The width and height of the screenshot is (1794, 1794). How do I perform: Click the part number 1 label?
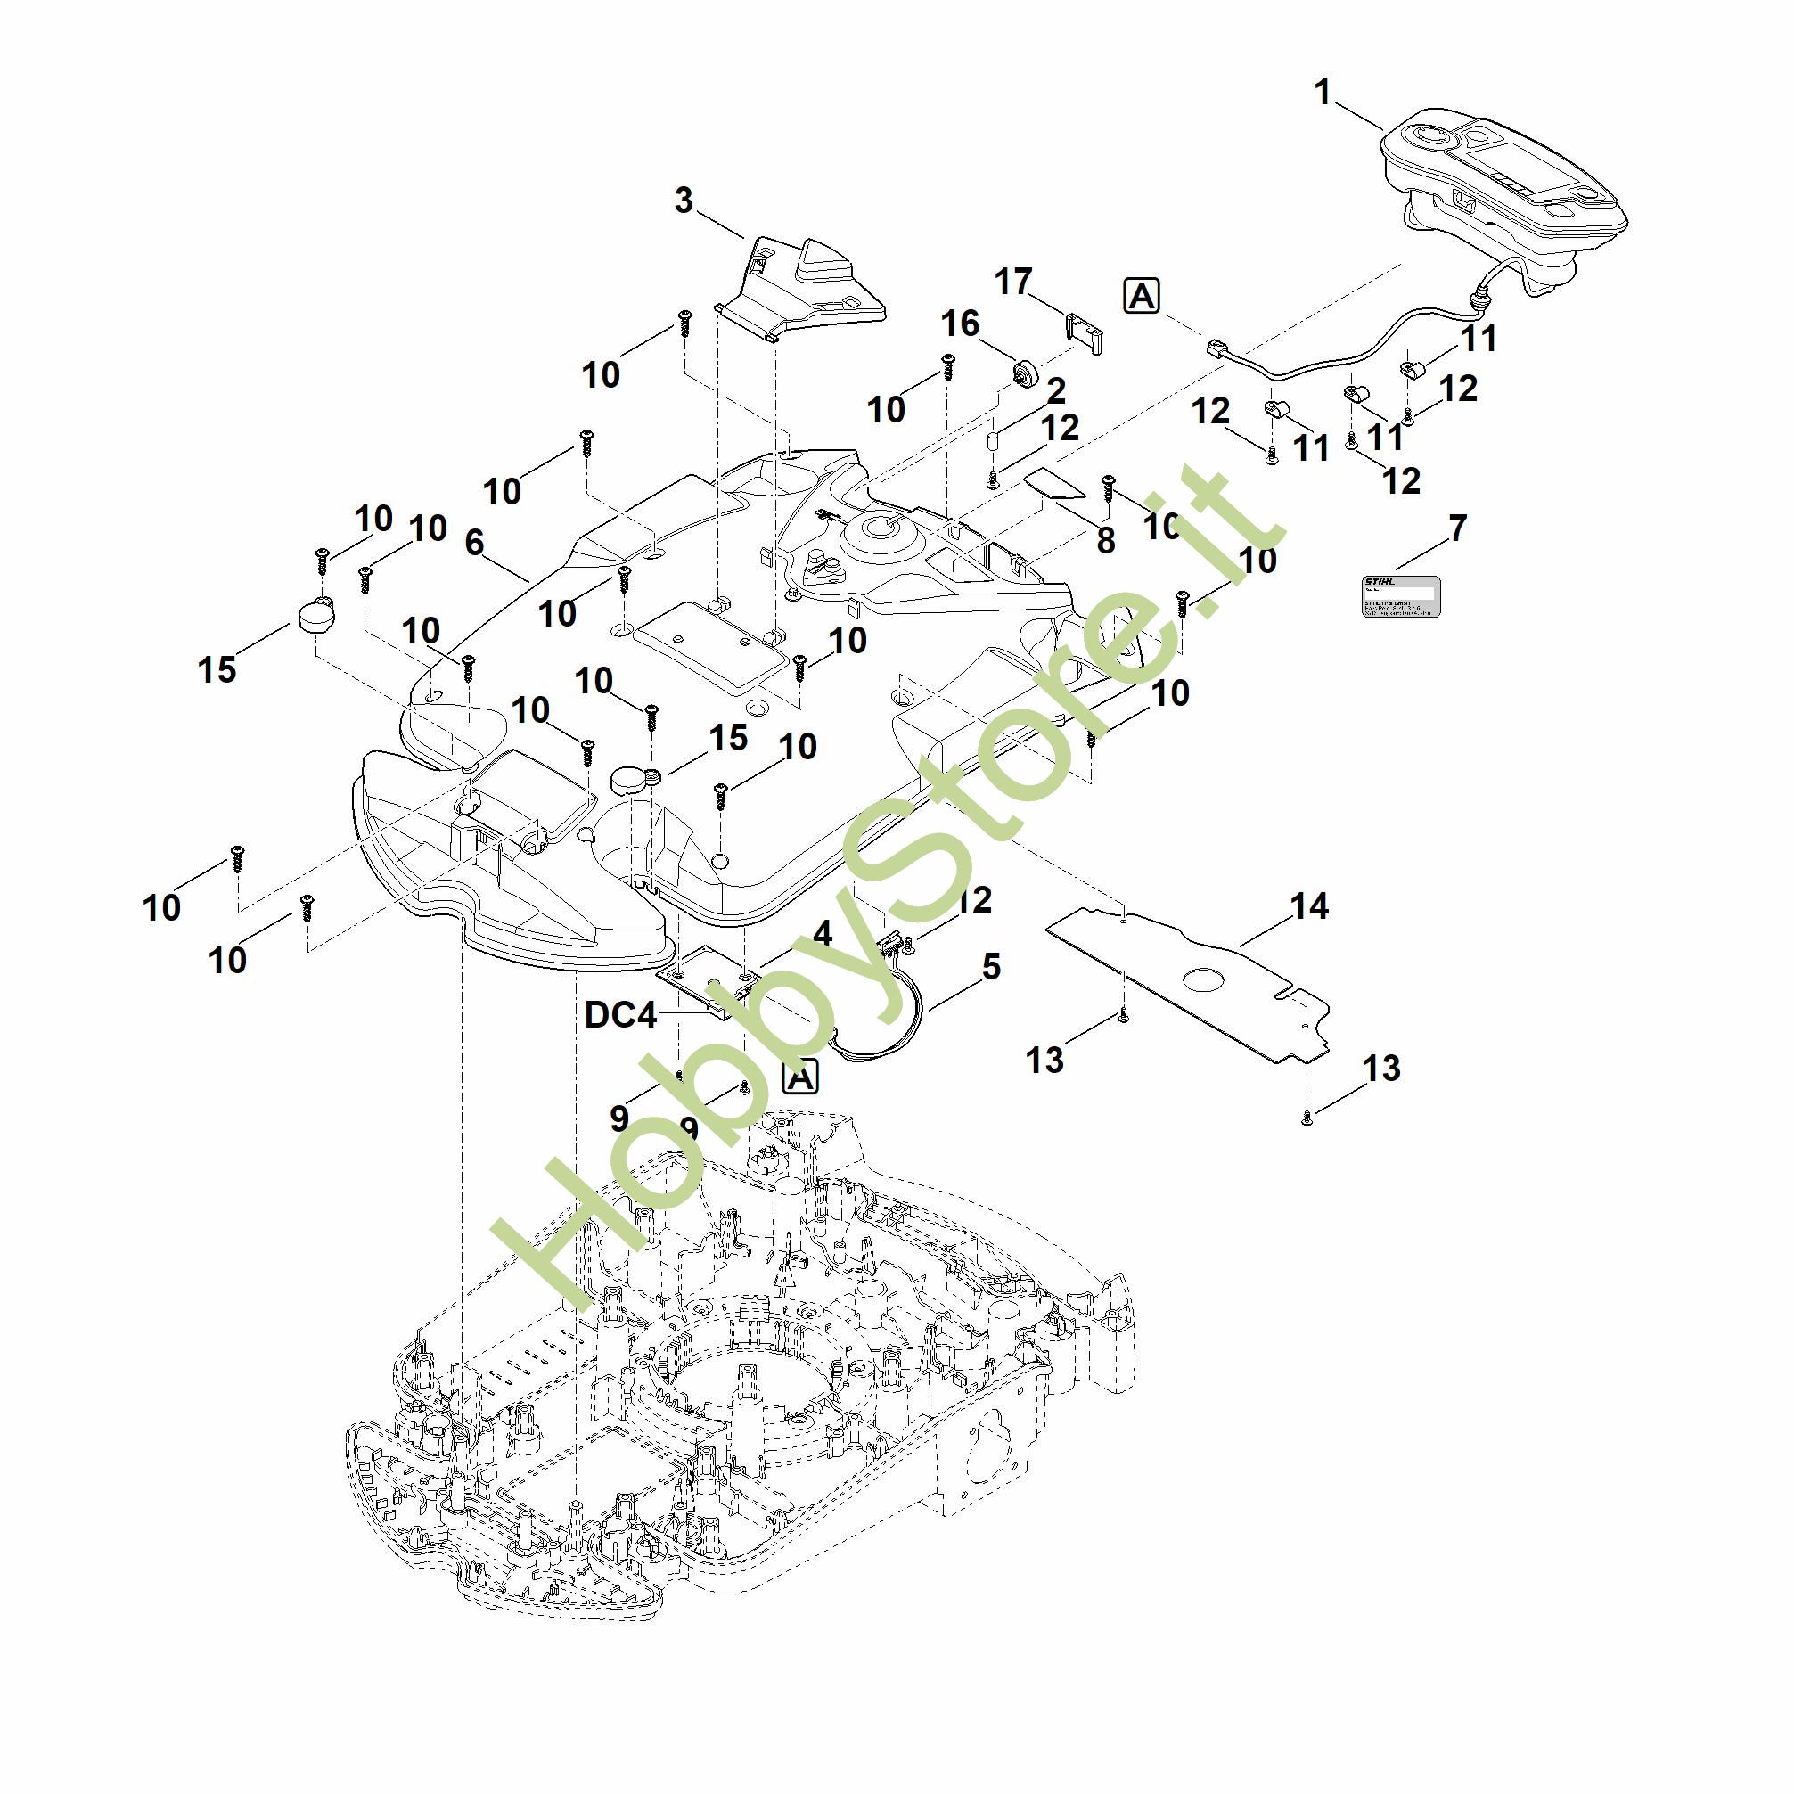coord(1323,93)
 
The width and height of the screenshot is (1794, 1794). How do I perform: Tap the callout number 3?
coord(684,201)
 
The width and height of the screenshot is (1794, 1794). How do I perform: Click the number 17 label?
coord(1013,281)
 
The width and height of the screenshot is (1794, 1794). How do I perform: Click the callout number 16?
coord(960,324)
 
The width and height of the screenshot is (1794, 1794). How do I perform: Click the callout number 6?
coord(474,544)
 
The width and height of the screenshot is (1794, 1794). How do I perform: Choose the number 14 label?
coord(1309,905)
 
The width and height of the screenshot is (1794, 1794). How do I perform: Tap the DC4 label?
coord(620,1015)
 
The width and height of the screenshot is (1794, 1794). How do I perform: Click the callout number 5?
coord(992,967)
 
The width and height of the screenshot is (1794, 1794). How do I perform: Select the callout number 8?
coord(1105,540)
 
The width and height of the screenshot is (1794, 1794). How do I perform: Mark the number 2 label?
coord(1056,390)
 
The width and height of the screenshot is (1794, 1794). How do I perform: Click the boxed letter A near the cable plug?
coord(1142,296)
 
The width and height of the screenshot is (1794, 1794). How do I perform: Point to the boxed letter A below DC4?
coord(800,1077)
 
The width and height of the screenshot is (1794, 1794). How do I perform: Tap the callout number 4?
coord(822,933)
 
